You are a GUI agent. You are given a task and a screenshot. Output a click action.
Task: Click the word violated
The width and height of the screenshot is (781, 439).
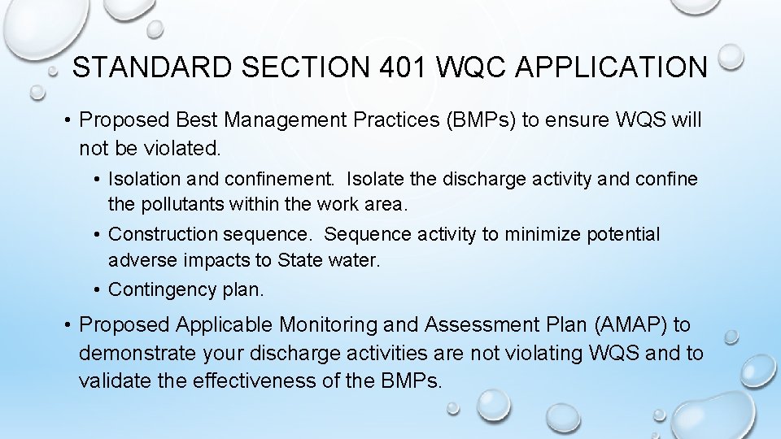178,149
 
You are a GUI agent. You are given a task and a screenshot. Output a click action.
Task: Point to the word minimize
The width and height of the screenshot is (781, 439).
540,235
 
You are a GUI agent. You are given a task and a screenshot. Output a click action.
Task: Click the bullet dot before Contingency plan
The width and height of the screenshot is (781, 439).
98,289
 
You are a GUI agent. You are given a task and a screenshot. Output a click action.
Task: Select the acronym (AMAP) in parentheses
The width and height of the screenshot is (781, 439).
623,325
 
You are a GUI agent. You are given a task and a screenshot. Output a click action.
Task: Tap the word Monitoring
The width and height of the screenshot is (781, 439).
329,325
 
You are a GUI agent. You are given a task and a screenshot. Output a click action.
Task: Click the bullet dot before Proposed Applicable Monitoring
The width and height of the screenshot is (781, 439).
68,325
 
